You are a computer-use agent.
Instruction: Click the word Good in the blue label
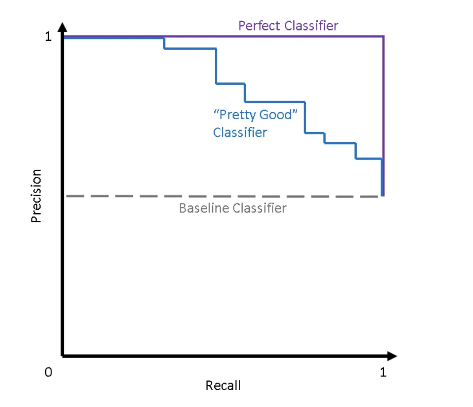point(278,115)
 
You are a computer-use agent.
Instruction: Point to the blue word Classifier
point(240,132)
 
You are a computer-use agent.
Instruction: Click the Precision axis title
point(36,196)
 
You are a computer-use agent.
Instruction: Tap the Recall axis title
point(223,385)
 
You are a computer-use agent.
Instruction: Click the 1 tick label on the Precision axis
point(48,37)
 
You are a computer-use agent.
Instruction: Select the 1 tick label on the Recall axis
point(383,372)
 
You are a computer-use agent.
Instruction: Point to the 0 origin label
point(48,372)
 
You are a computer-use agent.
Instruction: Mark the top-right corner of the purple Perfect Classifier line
point(383,36)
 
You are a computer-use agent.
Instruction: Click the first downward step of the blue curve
point(164,43)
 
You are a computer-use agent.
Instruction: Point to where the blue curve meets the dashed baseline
point(382,196)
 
